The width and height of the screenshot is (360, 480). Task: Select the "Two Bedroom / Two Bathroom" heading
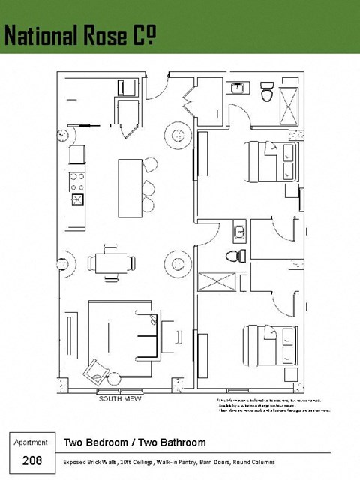(135, 442)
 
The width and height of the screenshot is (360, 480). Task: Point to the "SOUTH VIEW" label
(120, 399)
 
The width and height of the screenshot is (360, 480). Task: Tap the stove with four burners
(76, 181)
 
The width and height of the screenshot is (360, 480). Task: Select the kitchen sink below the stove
(76, 199)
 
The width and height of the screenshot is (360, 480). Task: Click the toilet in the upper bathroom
(265, 94)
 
